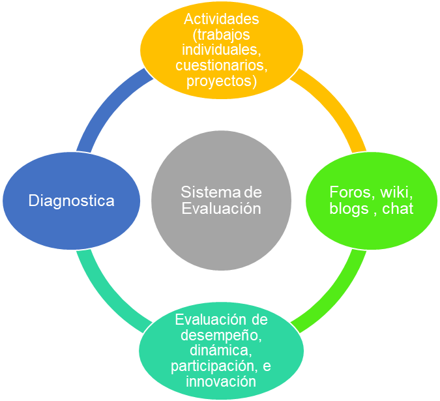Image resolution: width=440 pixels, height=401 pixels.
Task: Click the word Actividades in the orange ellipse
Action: (222, 19)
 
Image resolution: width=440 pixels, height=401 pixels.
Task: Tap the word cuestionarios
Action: (222, 65)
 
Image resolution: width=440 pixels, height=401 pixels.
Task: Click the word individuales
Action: (222, 50)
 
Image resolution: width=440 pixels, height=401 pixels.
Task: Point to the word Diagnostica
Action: (72, 201)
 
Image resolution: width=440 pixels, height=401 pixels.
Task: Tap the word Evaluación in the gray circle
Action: (221, 209)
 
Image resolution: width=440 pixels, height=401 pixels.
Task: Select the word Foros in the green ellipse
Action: (353, 192)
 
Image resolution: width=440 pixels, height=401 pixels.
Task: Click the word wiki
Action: (396, 192)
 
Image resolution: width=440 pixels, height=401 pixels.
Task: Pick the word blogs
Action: (349, 209)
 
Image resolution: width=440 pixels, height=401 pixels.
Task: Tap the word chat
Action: (398, 209)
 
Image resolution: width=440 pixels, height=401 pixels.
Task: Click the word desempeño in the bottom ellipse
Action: (221, 335)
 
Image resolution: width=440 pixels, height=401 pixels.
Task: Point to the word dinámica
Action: (221, 351)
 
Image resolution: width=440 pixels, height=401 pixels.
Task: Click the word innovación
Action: (221, 382)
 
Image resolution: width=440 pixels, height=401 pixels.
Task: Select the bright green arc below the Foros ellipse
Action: (334, 297)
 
